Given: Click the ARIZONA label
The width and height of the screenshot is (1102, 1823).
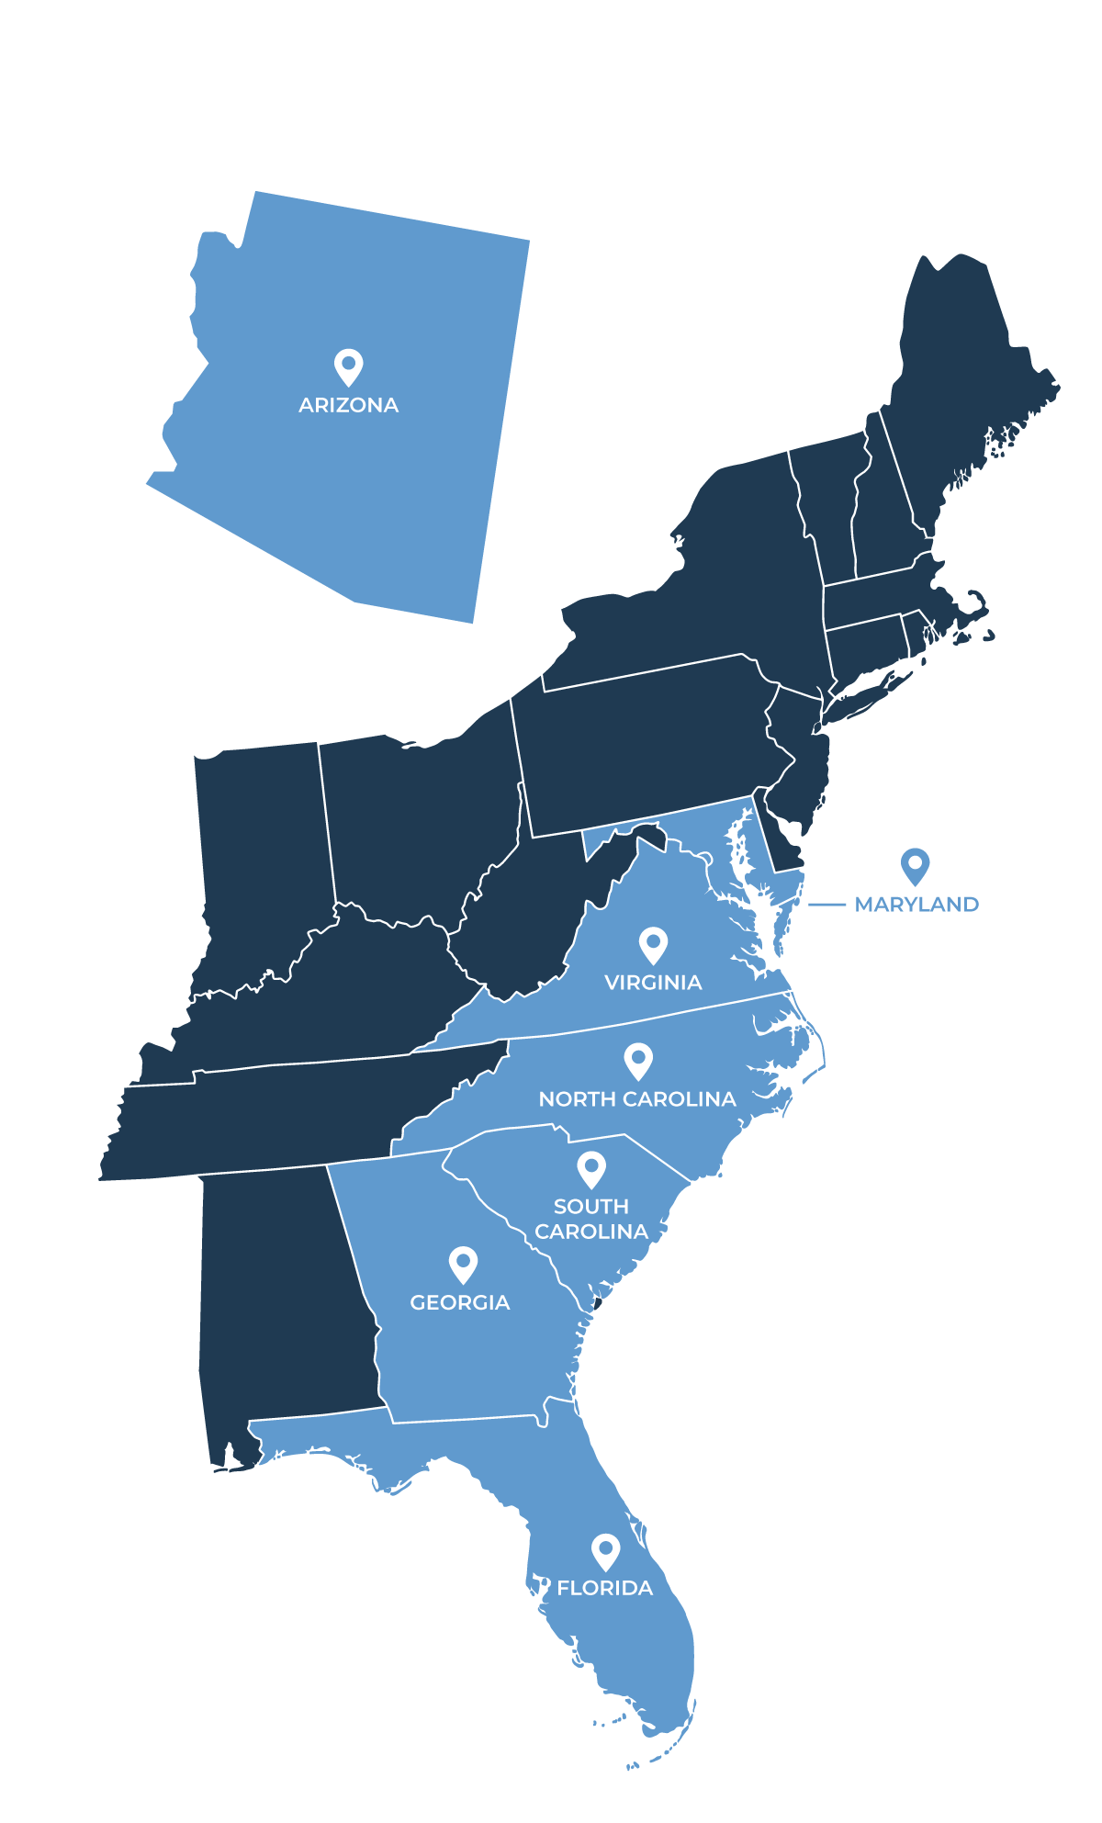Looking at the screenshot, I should pyautogui.click(x=348, y=405).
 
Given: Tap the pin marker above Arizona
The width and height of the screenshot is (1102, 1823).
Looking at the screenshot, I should pyautogui.click(x=348, y=366).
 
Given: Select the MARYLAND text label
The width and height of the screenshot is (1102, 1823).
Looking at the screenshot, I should pyautogui.click(x=916, y=905).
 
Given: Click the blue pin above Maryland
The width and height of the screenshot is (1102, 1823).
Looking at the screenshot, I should pyautogui.click(x=915, y=865).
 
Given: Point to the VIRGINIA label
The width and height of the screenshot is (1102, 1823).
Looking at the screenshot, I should pyautogui.click(x=653, y=983).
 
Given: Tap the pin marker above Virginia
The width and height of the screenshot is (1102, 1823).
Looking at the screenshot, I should pyautogui.click(x=653, y=944).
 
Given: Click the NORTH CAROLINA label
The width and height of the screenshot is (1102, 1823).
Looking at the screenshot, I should pyautogui.click(x=637, y=1099).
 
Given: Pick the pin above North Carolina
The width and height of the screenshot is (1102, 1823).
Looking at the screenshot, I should pyautogui.click(x=638, y=1060).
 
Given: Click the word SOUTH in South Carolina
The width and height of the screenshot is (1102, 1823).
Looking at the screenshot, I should pyautogui.click(x=591, y=1207).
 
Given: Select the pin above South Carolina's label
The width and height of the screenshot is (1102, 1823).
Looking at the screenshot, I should pyautogui.click(x=591, y=1168).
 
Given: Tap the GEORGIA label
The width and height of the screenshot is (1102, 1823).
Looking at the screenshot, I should pyautogui.click(x=460, y=1303).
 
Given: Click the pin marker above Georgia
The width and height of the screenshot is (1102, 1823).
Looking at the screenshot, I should pyautogui.click(x=463, y=1264).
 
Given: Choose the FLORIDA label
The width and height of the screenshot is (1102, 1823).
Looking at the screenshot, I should pyautogui.click(x=604, y=1588).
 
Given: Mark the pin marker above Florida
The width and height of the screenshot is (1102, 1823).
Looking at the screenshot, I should pyautogui.click(x=605, y=1550).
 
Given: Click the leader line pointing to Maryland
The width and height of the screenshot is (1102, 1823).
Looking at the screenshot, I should pyautogui.click(x=826, y=905).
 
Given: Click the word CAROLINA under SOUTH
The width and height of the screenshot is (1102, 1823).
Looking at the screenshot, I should pyautogui.click(x=591, y=1232).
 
